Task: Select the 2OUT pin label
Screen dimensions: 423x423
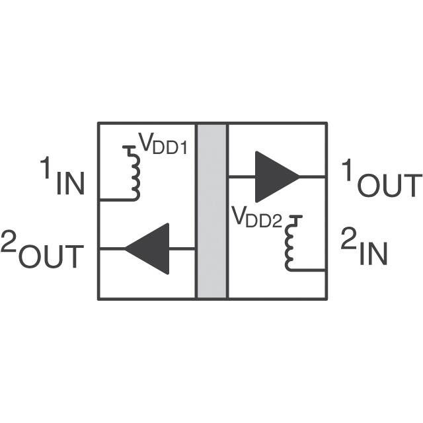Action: coord(43,249)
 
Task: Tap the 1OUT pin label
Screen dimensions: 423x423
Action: coord(380,179)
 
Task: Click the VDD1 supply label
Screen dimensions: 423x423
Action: coord(162,144)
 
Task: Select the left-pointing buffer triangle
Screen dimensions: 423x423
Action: coord(148,249)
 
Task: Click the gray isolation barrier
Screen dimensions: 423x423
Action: coord(211,211)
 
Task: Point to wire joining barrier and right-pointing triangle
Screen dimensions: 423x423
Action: coord(242,176)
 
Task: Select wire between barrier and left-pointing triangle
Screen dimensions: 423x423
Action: coord(182,249)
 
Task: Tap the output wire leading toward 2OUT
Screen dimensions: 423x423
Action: coord(112,249)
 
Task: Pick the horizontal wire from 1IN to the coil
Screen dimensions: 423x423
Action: coord(116,199)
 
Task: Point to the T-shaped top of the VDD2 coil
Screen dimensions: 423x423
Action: coord(294,217)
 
